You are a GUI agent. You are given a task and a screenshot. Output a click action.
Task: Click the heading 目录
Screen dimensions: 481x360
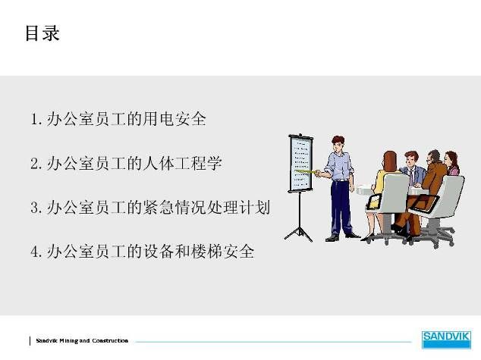42,33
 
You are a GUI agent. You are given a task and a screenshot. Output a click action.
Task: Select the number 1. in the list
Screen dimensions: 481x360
36,119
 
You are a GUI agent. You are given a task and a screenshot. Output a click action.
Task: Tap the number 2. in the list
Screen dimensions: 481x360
36,163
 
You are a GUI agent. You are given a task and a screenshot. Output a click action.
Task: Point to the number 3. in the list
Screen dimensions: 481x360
36,208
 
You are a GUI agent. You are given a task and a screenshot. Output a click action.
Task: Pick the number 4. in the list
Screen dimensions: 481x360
36,252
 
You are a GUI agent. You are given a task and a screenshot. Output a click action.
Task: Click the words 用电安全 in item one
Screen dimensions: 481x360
174,118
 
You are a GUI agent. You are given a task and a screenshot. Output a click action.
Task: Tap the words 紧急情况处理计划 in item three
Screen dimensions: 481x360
206,208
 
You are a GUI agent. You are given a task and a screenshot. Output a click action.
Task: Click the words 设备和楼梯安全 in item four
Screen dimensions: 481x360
199,252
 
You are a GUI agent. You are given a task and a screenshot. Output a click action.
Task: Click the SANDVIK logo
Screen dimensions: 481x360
446,340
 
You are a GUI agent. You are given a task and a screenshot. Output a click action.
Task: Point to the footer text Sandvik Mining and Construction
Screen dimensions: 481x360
82,340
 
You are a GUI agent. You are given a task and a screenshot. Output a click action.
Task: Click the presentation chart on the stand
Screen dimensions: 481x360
300,163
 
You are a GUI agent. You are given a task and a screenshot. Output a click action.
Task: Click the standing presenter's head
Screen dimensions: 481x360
338,144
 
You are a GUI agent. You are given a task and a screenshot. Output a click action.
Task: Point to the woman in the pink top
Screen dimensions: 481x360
452,163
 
